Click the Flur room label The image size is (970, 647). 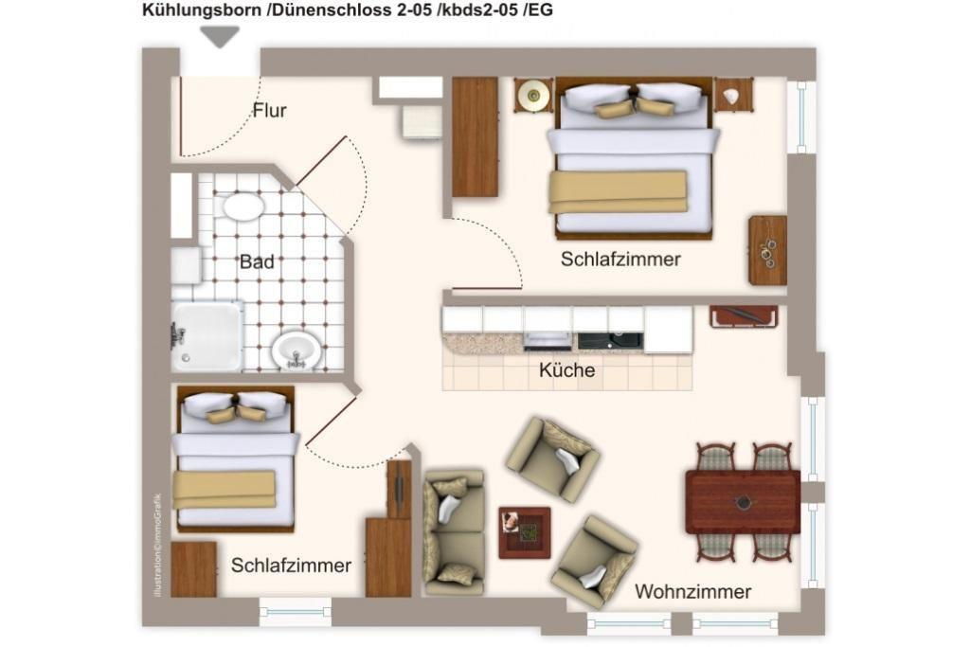[269, 110]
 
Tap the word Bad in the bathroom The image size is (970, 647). [257, 261]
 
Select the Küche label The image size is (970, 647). [566, 369]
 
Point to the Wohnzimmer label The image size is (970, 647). [692, 591]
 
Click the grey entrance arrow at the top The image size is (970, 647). [220, 37]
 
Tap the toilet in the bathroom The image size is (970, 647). [243, 206]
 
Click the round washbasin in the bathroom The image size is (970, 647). [296, 351]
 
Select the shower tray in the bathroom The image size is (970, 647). [207, 337]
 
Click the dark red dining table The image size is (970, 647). [743, 502]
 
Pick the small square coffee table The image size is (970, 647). [525, 532]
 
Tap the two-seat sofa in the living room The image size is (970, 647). [454, 532]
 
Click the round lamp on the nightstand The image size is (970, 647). [533, 96]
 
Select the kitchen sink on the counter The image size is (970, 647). [611, 340]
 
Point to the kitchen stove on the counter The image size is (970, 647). [548, 341]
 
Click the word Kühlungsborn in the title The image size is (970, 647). [202, 9]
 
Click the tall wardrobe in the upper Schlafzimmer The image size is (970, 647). [476, 136]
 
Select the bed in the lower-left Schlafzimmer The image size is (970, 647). [235, 458]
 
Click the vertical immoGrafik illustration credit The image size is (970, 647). [158, 545]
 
